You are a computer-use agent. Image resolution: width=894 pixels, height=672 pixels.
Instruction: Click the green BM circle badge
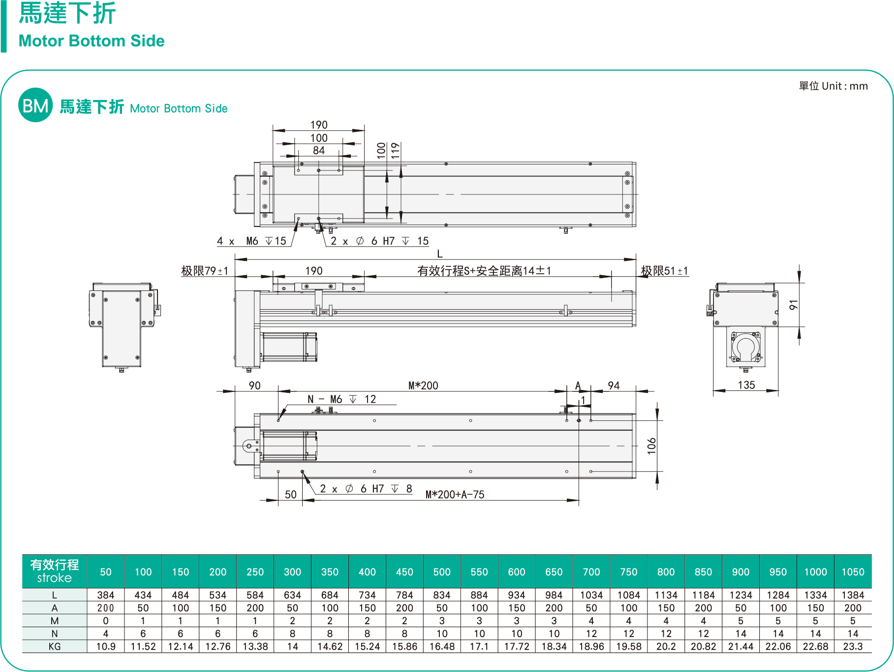tap(35, 105)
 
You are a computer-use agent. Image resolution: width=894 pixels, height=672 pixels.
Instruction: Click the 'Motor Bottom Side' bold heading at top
tap(92, 41)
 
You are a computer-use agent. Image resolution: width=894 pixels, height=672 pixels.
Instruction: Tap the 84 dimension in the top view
tap(319, 151)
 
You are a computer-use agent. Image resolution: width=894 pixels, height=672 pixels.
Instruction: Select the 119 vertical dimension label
tap(395, 150)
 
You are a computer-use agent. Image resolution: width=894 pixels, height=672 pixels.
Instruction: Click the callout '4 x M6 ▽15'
tap(251, 241)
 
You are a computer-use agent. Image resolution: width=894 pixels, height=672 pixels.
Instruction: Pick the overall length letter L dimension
tap(440, 254)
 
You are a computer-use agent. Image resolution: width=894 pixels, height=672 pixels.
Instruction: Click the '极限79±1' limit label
tap(205, 271)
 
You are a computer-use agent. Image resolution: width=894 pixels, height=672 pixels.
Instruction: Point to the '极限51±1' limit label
tap(664, 271)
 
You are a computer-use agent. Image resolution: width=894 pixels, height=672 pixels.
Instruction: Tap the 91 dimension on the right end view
tap(793, 305)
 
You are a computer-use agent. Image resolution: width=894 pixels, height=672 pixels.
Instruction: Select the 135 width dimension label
tap(746, 385)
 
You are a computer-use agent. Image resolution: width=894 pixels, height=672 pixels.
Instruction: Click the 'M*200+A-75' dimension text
tap(455, 495)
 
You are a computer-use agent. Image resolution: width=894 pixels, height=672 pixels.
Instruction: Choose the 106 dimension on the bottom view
tap(651, 446)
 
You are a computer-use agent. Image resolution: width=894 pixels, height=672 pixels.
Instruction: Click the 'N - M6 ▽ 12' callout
tap(341, 399)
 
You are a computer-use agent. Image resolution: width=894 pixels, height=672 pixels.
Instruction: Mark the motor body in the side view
tap(289, 347)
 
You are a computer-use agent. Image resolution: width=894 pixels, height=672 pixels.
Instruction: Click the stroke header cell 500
tap(442, 572)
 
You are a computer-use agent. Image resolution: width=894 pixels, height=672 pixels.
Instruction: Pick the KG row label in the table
tap(55, 646)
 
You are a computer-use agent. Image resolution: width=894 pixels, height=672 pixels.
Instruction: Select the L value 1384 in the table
tap(853, 595)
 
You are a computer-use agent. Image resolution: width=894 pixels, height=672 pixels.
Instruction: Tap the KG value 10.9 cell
tap(106, 646)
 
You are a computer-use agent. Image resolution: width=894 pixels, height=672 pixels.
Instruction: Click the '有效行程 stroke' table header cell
tap(55, 571)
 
